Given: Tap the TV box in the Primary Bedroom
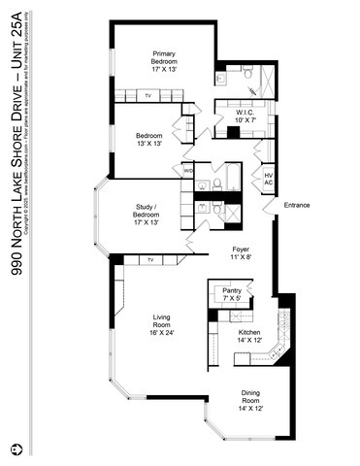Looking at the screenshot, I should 148,96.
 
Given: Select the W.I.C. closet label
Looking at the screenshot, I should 244,113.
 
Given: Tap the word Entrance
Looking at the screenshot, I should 296,205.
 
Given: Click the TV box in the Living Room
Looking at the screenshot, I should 150,260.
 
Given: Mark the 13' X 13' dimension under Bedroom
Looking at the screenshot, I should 148,143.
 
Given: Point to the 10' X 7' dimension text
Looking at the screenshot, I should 244,120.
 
